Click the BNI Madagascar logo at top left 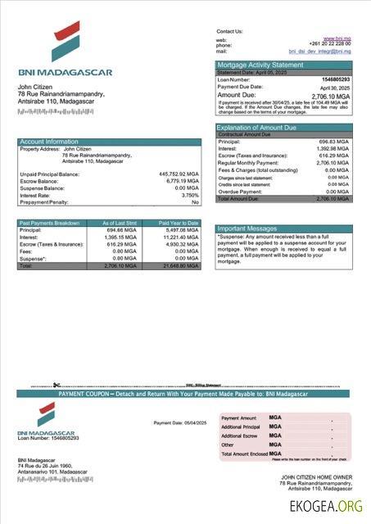[66, 43]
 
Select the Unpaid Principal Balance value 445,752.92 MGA [179, 174]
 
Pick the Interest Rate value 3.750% [189, 195]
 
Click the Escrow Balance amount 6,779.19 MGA [181, 181]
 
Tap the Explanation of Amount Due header [256, 128]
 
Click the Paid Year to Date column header [179, 223]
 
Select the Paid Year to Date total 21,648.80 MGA [181, 266]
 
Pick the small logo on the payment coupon [46, 415]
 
